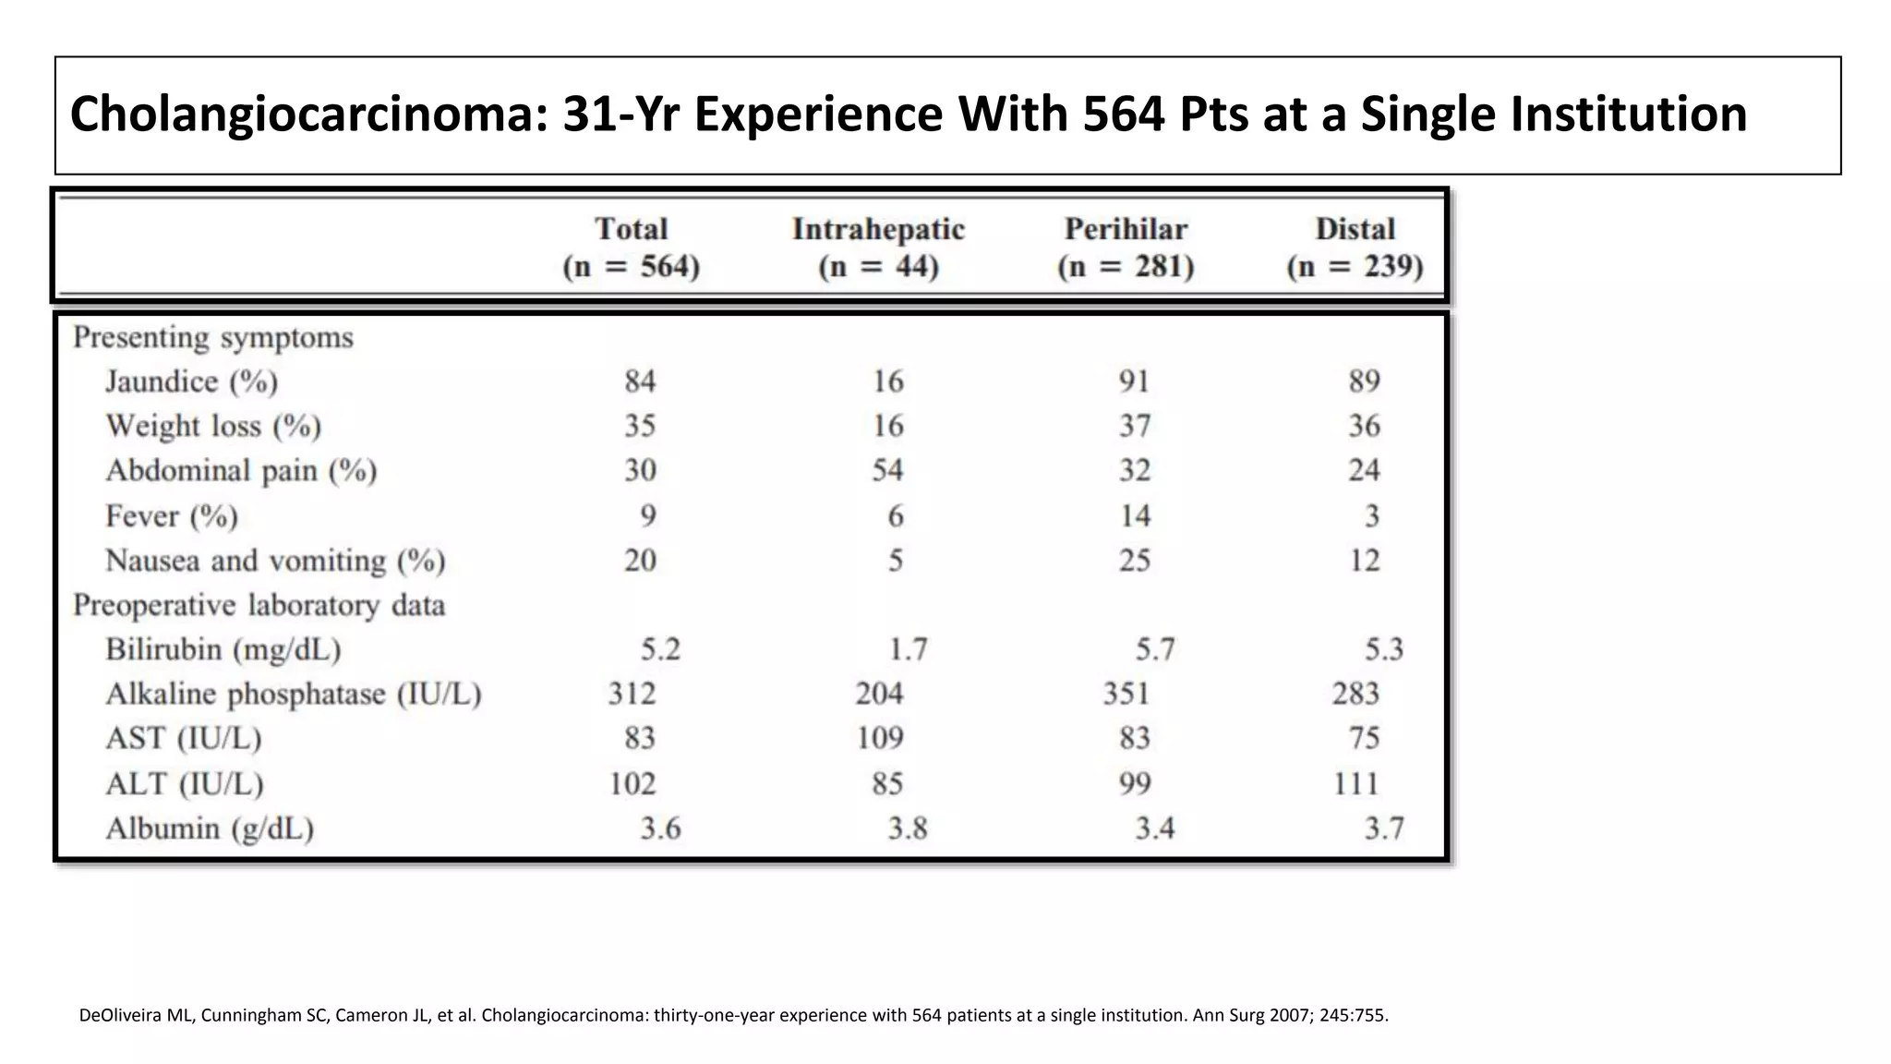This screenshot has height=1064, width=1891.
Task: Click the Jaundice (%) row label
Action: pos(191,381)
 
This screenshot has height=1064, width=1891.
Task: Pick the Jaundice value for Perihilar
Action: pos(1134,381)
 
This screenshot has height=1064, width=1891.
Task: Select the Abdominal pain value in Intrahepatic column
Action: pos(887,470)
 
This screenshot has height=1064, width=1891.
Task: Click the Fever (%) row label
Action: pos(172,515)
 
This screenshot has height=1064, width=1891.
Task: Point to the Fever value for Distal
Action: pos(1371,515)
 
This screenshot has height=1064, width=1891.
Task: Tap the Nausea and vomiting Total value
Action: pos(640,560)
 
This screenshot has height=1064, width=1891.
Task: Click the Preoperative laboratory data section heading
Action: pos(259,605)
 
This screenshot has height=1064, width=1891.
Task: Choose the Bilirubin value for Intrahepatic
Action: pos(908,649)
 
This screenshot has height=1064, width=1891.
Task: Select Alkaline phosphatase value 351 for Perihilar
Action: pos(1126,694)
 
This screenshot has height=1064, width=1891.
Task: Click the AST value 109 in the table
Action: pos(879,738)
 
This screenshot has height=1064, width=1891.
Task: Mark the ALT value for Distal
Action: pos(1355,783)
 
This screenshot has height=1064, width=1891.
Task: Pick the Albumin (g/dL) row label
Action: pos(210,828)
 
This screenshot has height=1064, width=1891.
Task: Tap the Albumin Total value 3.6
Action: pos(660,828)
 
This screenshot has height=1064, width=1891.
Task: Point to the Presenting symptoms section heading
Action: pos(213,337)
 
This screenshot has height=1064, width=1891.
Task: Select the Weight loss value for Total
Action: pos(640,426)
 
